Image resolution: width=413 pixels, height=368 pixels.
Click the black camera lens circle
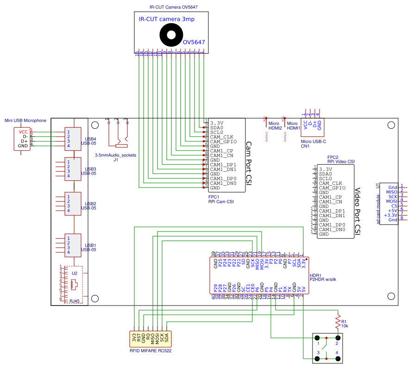(x=172, y=35)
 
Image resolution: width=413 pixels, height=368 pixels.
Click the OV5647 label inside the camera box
(x=194, y=42)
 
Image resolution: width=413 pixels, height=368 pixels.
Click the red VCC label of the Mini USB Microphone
(x=23, y=131)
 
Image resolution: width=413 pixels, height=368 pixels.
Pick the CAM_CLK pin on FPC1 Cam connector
(x=221, y=137)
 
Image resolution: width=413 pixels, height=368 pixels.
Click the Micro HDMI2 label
(x=275, y=125)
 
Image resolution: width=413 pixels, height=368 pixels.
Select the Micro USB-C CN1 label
(x=313, y=143)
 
